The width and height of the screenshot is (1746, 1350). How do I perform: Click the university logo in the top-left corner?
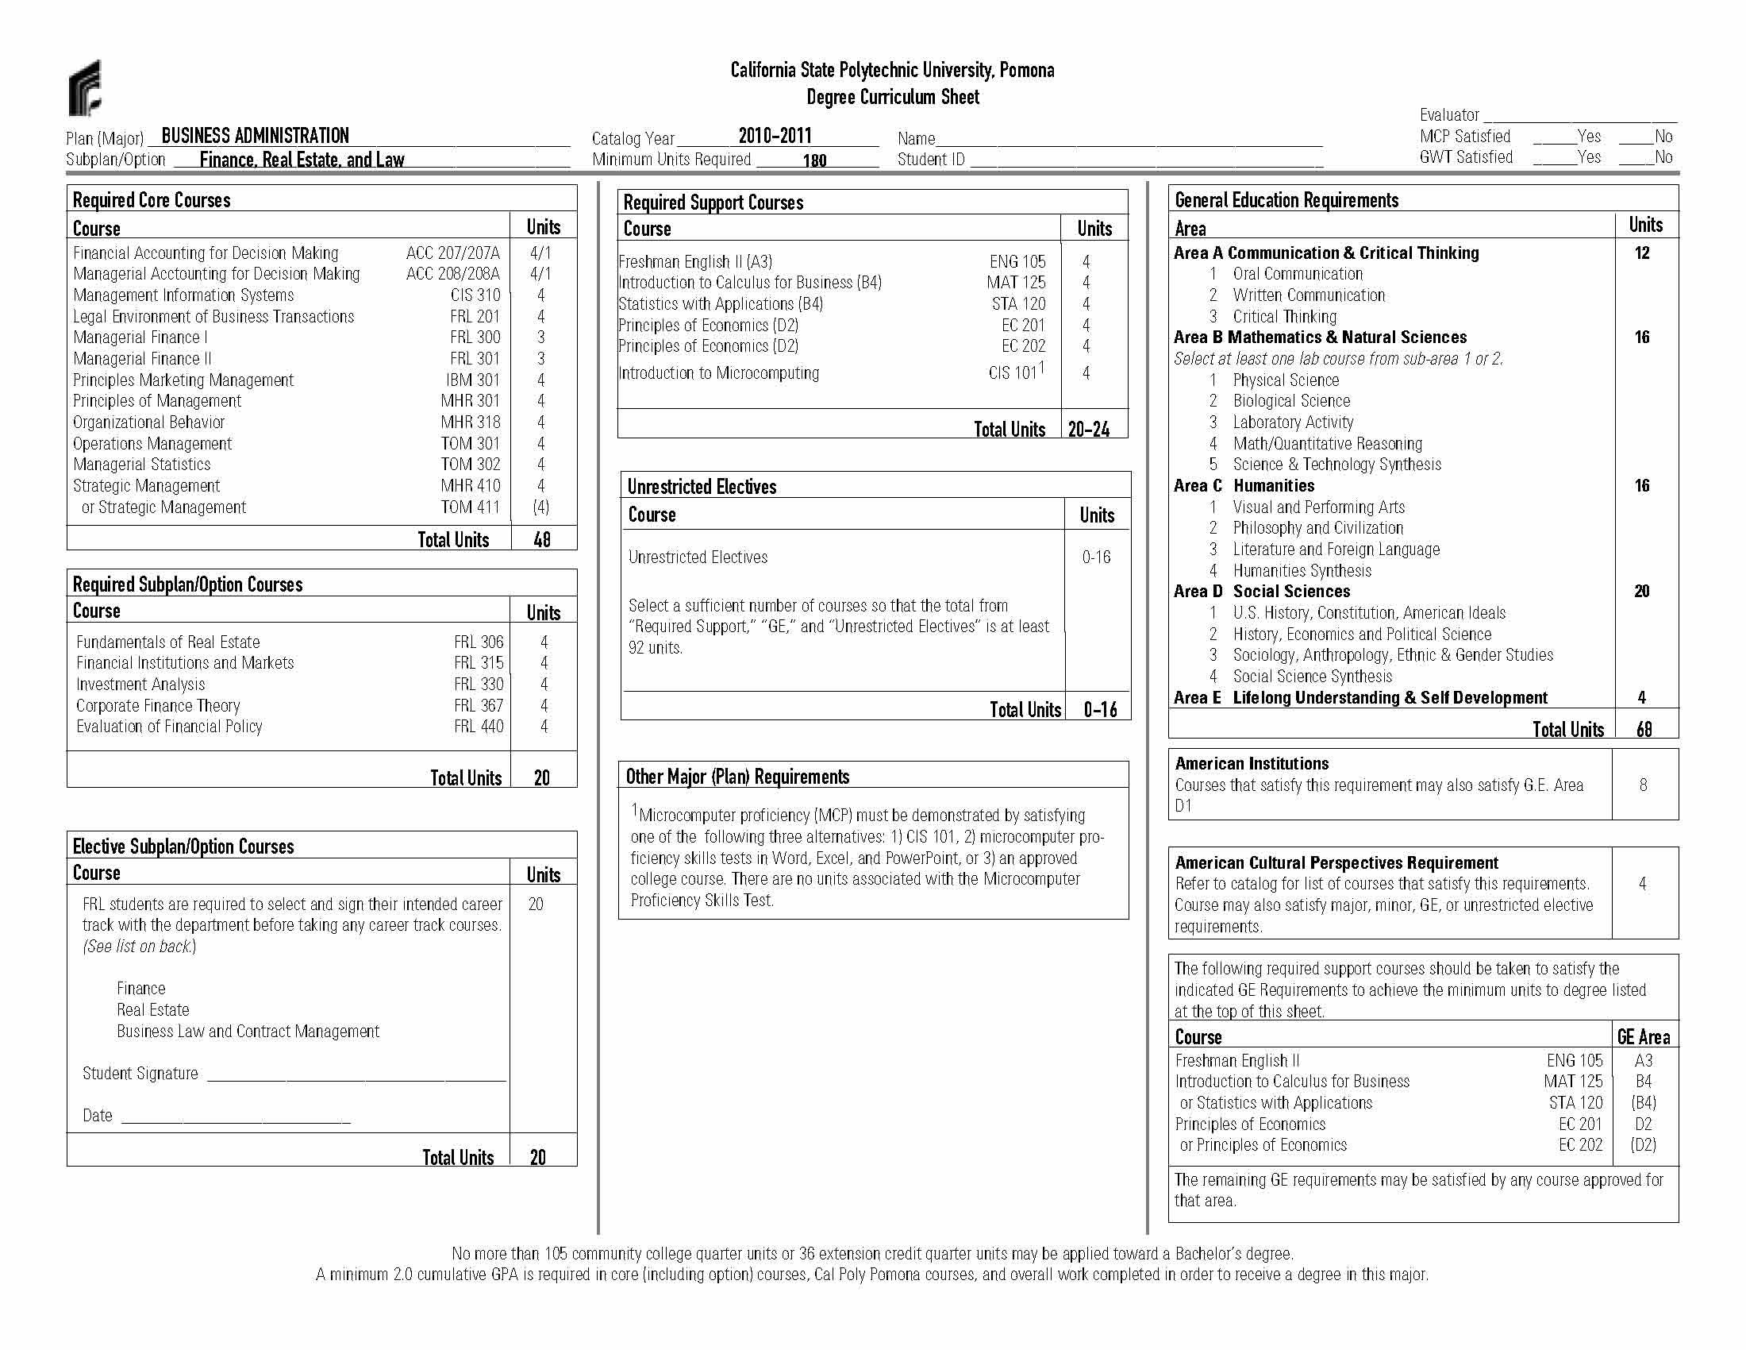pyautogui.click(x=85, y=87)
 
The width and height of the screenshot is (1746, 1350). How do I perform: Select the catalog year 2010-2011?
pyautogui.click(x=774, y=136)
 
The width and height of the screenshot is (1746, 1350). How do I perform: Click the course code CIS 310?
pyautogui.click(x=475, y=295)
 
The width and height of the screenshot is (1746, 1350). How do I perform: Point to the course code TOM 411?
pyautogui.click(x=470, y=507)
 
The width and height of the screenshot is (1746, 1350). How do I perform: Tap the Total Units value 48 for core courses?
pyautogui.click(x=542, y=540)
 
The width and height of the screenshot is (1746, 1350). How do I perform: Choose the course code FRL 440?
pyautogui.click(x=478, y=726)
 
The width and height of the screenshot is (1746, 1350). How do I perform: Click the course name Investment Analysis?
pyautogui.click(x=140, y=684)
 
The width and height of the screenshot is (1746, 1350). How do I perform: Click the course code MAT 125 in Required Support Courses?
pyautogui.click(x=1015, y=283)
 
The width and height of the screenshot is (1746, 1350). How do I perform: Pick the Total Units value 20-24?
pyautogui.click(x=1089, y=430)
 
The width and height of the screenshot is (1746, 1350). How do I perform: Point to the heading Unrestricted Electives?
pyautogui.click(x=701, y=486)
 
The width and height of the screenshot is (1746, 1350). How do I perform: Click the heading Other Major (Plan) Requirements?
pyautogui.click(x=737, y=777)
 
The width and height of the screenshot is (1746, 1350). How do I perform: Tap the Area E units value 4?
pyautogui.click(x=1641, y=697)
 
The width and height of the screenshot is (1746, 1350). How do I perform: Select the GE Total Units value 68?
pyautogui.click(x=1644, y=729)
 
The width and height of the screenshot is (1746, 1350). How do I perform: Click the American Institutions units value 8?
pyautogui.click(x=1643, y=785)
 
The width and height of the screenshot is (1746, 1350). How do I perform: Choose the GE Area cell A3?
pyautogui.click(x=1643, y=1060)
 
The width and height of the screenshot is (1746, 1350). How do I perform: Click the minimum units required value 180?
pyautogui.click(x=813, y=160)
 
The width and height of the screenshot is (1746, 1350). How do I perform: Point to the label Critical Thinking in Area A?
pyautogui.click(x=1284, y=317)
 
